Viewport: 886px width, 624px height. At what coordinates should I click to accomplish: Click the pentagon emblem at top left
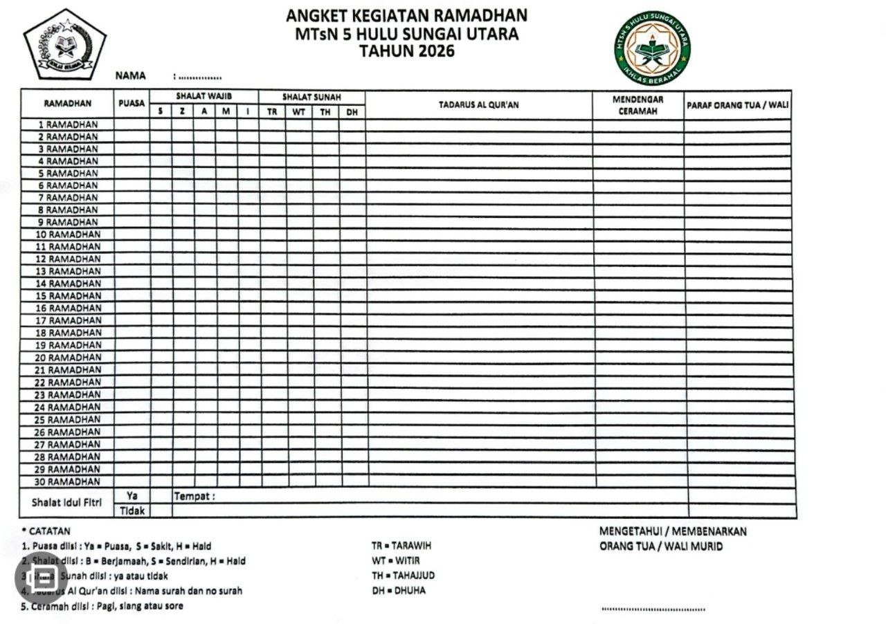(64, 45)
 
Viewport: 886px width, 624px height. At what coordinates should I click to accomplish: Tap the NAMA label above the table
(130, 76)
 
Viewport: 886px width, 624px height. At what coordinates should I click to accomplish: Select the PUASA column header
(132, 104)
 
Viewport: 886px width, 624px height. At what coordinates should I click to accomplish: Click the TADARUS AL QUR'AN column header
(478, 105)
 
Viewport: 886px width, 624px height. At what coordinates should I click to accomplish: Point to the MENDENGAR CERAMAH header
(638, 105)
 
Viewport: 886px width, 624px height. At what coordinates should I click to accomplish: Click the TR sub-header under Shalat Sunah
(272, 111)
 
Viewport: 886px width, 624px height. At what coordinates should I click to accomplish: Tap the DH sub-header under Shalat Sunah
(352, 111)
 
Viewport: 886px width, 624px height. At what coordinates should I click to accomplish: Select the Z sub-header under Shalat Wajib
(182, 111)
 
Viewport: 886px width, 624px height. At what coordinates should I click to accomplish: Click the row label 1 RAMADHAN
(68, 125)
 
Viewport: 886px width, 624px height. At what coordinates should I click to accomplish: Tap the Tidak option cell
(132, 511)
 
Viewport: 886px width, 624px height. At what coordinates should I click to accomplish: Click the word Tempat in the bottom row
(192, 496)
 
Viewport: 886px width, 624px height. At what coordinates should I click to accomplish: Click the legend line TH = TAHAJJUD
(403, 576)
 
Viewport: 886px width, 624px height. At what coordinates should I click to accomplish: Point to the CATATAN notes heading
(49, 531)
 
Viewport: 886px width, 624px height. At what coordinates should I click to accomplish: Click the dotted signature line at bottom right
(653, 609)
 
